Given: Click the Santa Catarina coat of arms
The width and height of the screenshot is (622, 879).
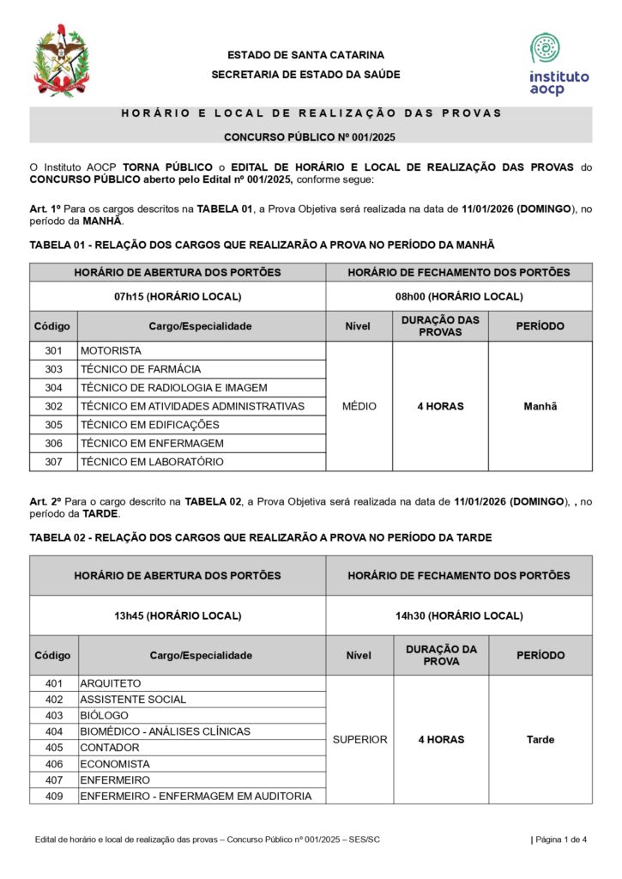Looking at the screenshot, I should pyautogui.click(x=61, y=61).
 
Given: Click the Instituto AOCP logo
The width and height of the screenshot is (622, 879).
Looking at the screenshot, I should pyautogui.click(x=559, y=64).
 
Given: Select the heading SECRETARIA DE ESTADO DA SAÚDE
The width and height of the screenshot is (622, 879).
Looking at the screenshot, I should pyautogui.click(x=305, y=75).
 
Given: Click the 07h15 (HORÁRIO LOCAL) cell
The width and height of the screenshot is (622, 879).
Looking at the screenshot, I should pyautogui.click(x=178, y=296).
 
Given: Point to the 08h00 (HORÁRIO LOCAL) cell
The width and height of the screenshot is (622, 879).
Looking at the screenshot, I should pyautogui.click(x=458, y=296).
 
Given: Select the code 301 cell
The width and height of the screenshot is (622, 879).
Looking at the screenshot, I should pyautogui.click(x=53, y=351).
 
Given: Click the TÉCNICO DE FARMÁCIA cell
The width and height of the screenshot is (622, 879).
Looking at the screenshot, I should pyautogui.click(x=141, y=369).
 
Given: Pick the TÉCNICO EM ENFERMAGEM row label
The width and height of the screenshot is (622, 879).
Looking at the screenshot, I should pyautogui.click(x=152, y=443).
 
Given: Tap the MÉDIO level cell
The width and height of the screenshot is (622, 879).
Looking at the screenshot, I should pyautogui.click(x=359, y=406).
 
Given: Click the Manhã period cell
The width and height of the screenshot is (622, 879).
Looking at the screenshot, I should pyautogui.click(x=540, y=406).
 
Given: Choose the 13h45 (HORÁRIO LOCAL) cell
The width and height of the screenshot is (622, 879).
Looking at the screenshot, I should pyautogui.click(x=178, y=615).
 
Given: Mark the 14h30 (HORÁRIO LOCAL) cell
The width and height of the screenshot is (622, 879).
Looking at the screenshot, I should pyautogui.click(x=458, y=615).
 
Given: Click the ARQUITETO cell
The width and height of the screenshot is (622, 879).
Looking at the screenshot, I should pyautogui.click(x=111, y=683).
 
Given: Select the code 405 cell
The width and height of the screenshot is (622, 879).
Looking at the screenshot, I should pyautogui.click(x=53, y=748).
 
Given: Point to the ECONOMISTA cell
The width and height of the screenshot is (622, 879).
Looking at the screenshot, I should pyautogui.click(x=115, y=764).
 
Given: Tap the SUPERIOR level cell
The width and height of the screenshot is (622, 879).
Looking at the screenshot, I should pyautogui.click(x=359, y=739).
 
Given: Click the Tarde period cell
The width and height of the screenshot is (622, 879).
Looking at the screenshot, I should pyautogui.click(x=540, y=739).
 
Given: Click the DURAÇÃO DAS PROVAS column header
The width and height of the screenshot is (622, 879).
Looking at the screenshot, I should pyautogui.click(x=440, y=326).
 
